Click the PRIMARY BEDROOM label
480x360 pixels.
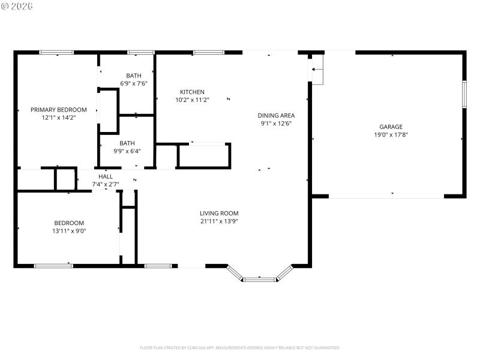[x=59, y=110]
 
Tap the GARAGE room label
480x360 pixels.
[x=391, y=127]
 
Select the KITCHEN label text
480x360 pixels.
[x=192, y=92]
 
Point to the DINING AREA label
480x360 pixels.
[x=276, y=115]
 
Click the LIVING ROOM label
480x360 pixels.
[x=219, y=213]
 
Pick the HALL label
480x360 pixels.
[x=106, y=176]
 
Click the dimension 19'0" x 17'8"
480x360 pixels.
[x=391, y=135]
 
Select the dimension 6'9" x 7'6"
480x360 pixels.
[x=134, y=83]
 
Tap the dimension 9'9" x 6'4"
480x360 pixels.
[x=127, y=151]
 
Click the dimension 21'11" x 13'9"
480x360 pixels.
[x=219, y=221]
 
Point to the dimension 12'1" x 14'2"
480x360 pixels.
[x=59, y=118]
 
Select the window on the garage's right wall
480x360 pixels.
[x=464, y=94]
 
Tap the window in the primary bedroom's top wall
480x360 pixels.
[x=56, y=53]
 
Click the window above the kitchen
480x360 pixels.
[x=208, y=53]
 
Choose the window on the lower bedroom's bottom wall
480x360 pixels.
[x=53, y=265]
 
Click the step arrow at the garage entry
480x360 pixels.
[x=318, y=70]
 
